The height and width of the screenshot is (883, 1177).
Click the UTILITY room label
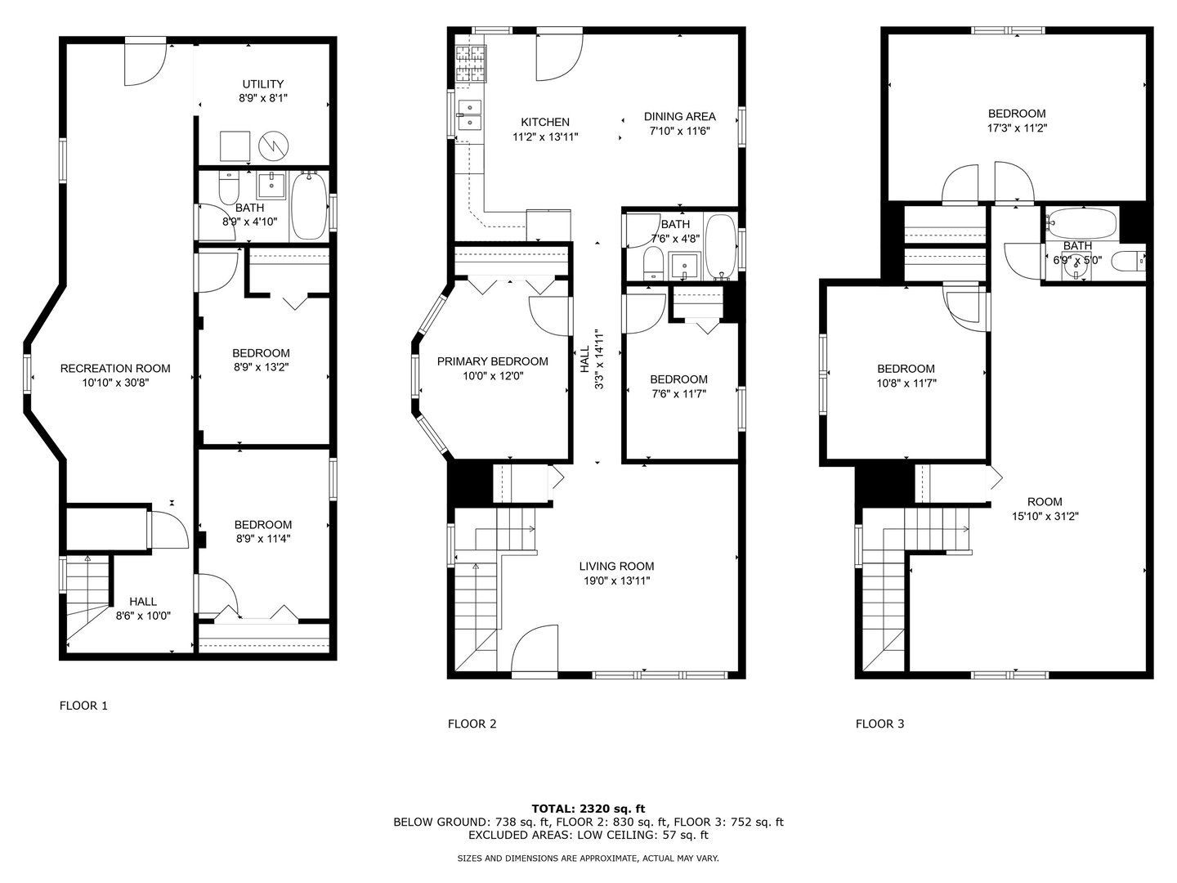click(x=262, y=84)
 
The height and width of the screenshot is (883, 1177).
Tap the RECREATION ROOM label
click(x=115, y=368)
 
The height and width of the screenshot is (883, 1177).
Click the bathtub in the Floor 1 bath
click(x=308, y=206)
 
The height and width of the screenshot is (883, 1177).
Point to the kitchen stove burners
click(x=471, y=63)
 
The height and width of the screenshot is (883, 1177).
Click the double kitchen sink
click(x=470, y=116)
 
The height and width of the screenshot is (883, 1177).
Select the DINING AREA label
click(x=679, y=116)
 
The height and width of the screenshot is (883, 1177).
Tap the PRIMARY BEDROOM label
click(x=492, y=361)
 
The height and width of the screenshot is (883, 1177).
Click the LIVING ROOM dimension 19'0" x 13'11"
click(x=616, y=580)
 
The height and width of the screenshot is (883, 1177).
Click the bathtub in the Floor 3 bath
click(x=1082, y=223)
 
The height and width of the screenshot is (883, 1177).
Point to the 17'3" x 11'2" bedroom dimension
click(x=1017, y=128)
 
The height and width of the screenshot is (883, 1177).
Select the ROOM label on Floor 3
click(x=1045, y=502)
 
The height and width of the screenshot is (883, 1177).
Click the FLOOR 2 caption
click(x=472, y=724)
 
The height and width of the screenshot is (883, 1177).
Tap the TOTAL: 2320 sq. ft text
click(x=588, y=809)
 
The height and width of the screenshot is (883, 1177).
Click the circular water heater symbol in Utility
click(x=274, y=146)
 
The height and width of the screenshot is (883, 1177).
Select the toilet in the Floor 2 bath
click(x=652, y=263)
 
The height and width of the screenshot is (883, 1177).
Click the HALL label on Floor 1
click(x=143, y=602)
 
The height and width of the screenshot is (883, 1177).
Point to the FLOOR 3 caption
click(x=880, y=724)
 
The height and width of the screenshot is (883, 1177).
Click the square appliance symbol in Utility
click(x=235, y=146)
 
